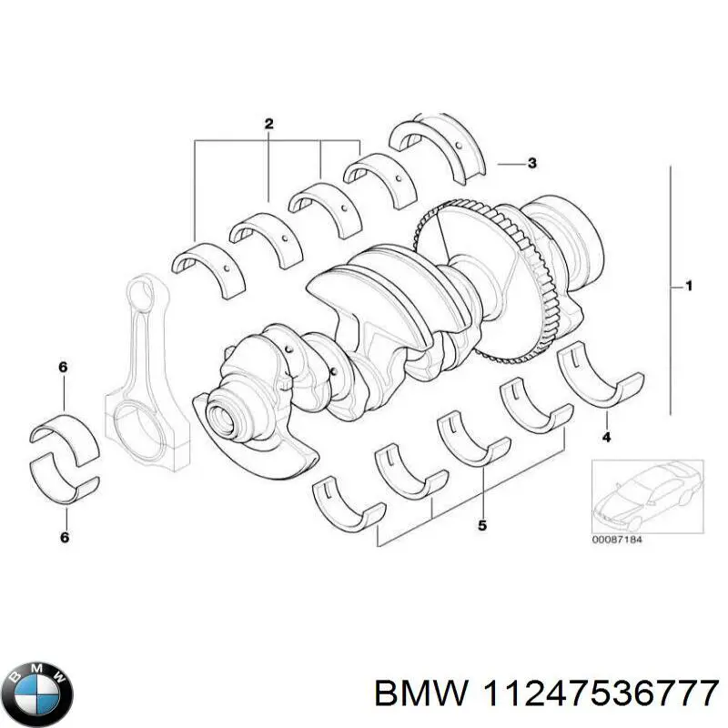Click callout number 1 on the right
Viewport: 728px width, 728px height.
tap(689, 288)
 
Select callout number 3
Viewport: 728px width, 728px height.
tap(531, 164)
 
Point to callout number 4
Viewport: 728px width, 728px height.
tap(606, 438)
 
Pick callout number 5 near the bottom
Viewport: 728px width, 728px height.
tap(482, 525)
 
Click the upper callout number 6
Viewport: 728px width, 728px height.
tap(63, 367)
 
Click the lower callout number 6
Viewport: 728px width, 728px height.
tap(63, 538)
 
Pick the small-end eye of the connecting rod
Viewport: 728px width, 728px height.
tap(140, 297)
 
